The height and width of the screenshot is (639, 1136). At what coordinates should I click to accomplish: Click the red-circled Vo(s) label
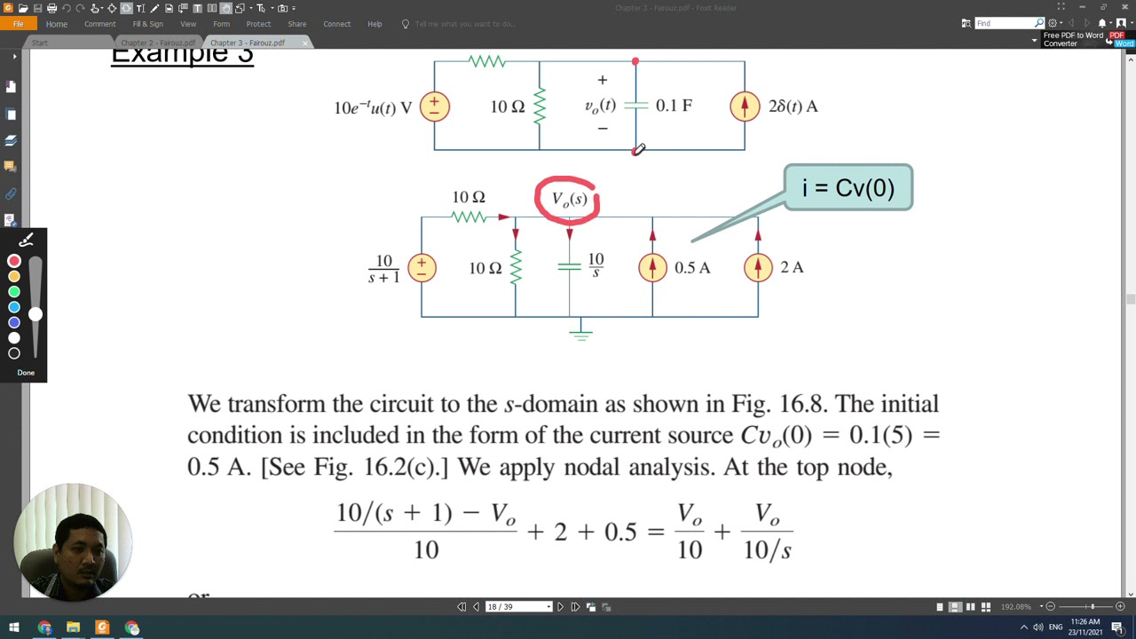(568, 200)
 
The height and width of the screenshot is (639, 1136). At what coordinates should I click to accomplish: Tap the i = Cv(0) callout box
(848, 187)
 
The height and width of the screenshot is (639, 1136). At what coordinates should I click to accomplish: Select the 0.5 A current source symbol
(652, 267)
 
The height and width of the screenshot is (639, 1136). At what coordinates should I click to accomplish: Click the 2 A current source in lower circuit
(758, 267)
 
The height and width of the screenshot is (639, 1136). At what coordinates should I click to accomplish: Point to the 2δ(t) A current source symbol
(745, 106)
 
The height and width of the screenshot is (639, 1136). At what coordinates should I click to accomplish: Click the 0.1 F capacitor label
(674, 106)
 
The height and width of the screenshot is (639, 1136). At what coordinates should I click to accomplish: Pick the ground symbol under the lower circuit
(580, 332)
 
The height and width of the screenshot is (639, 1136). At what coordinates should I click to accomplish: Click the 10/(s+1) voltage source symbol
(422, 267)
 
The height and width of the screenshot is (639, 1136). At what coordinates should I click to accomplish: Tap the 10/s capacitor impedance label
(596, 265)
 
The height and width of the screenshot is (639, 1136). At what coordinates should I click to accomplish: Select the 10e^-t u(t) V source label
(373, 107)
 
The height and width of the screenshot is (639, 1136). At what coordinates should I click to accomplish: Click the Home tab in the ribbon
(56, 24)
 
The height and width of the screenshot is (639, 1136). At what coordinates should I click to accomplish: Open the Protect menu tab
(258, 24)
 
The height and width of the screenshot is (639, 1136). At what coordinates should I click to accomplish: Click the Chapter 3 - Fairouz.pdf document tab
(248, 43)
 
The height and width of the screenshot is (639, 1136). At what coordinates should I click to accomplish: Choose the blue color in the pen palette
(14, 307)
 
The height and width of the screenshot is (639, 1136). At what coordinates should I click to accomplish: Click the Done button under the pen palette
(26, 373)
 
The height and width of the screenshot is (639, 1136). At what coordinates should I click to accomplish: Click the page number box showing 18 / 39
(517, 607)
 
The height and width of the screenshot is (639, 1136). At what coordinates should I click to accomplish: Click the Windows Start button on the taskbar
(14, 628)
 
